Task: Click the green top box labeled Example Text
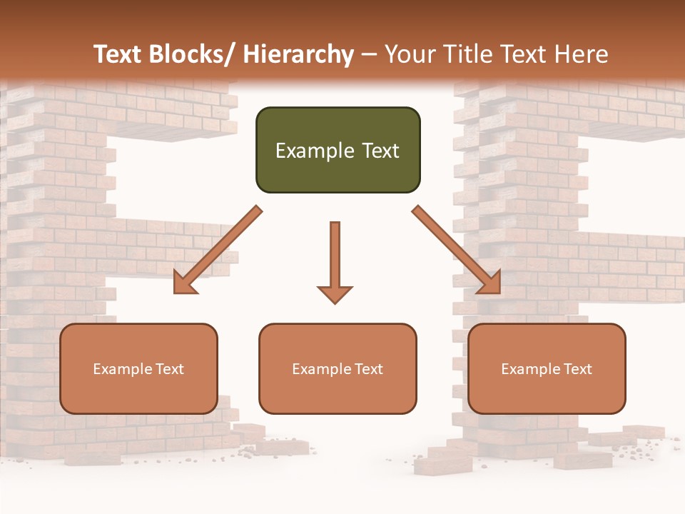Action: click(x=338, y=150)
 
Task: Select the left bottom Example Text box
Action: click(x=138, y=368)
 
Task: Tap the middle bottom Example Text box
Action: click(x=338, y=368)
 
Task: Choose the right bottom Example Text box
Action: click(x=547, y=368)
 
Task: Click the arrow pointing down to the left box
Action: click(x=217, y=251)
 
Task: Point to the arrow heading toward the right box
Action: click(x=457, y=250)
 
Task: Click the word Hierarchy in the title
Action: click(x=298, y=54)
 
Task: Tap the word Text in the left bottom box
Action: click(x=170, y=369)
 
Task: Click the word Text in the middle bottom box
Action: click(x=369, y=369)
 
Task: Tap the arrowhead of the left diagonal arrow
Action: click(x=185, y=283)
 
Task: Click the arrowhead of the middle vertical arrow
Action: click(x=335, y=293)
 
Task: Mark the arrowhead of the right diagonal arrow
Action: click(x=489, y=283)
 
